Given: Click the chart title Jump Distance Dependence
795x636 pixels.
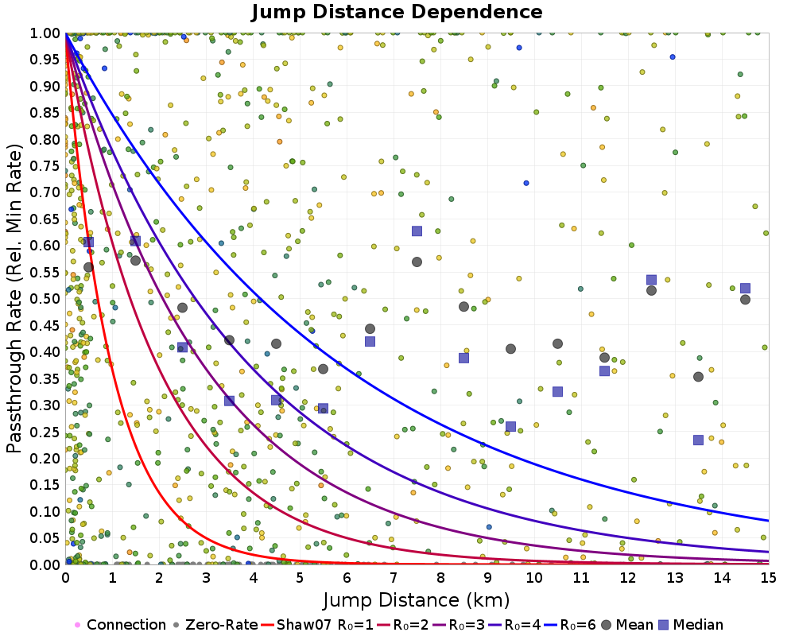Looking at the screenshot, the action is (397, 12).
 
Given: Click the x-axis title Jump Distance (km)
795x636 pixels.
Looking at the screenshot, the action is (416, 600).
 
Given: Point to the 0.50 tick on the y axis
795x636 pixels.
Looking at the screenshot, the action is (44, 299).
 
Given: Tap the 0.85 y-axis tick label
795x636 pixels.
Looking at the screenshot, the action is (44, 113).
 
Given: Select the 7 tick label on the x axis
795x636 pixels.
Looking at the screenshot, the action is (394, 578).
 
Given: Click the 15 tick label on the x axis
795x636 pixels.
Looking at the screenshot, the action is (768, 578).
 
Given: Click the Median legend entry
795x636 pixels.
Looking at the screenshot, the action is (690, 625).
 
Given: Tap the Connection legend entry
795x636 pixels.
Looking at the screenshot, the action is (120, 625).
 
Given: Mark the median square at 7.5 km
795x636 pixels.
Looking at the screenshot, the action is (417, 231).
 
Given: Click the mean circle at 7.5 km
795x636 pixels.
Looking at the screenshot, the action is (417, 262).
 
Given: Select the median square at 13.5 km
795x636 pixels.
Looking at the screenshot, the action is (698, 440).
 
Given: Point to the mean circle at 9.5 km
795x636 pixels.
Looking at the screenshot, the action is (510, 349).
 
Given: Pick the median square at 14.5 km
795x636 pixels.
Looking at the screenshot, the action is (746, 289).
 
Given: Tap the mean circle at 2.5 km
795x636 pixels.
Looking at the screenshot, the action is (183, 308).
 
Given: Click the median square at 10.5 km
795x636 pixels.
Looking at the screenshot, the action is (558, 392).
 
